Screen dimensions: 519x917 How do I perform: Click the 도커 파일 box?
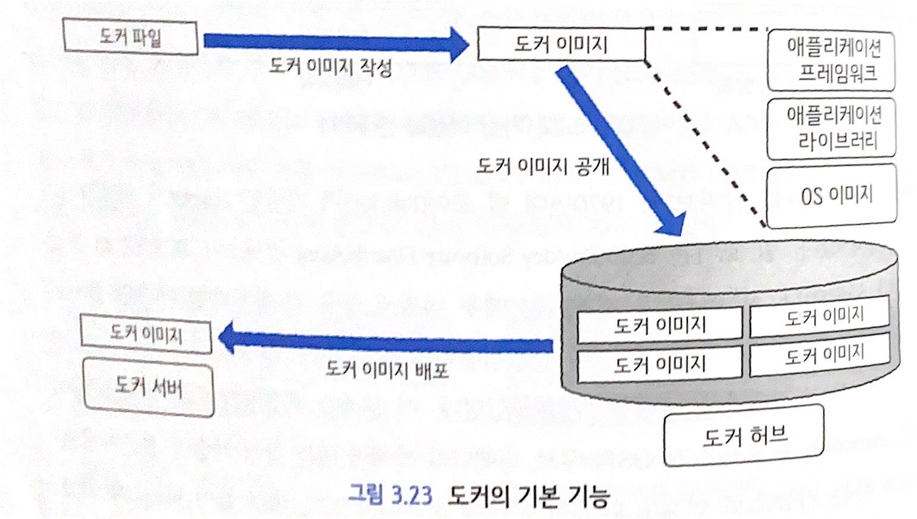tap(130, 38)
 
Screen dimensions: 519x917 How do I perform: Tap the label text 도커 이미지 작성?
tap(330, 66)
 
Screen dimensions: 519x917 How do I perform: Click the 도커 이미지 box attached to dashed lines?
tap(561, 44)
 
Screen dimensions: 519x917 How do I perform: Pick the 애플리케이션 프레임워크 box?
tap(831, 60)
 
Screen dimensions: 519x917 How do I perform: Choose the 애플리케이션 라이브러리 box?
tap(831, 128)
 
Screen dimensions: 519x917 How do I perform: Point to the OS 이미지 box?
tap(832, 196)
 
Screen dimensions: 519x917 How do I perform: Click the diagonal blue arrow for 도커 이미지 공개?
tap(619, 149)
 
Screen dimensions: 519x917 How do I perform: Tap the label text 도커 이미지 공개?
tap(543, 166)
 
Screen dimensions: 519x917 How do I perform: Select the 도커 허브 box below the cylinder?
tap(744, 436)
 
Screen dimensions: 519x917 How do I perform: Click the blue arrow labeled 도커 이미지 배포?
tap(387, 342)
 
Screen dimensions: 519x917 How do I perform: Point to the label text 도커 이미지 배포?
tap(387, 369)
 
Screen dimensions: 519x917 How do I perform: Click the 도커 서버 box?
tap(148, 387)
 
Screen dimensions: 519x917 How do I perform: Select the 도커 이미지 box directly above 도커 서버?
tap(146, 335)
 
